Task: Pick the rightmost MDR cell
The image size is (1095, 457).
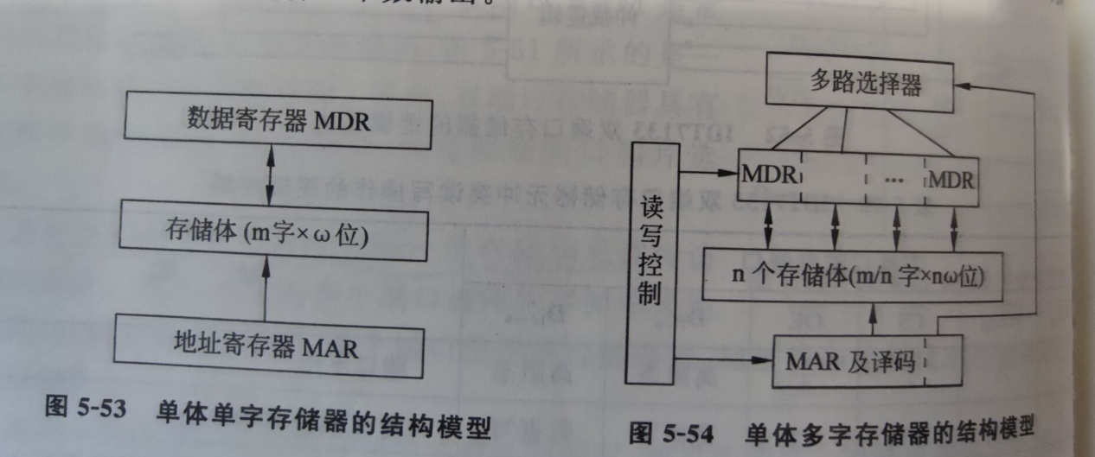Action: (x=951, y=181)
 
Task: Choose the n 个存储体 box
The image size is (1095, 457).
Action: (x=853, y=276)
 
